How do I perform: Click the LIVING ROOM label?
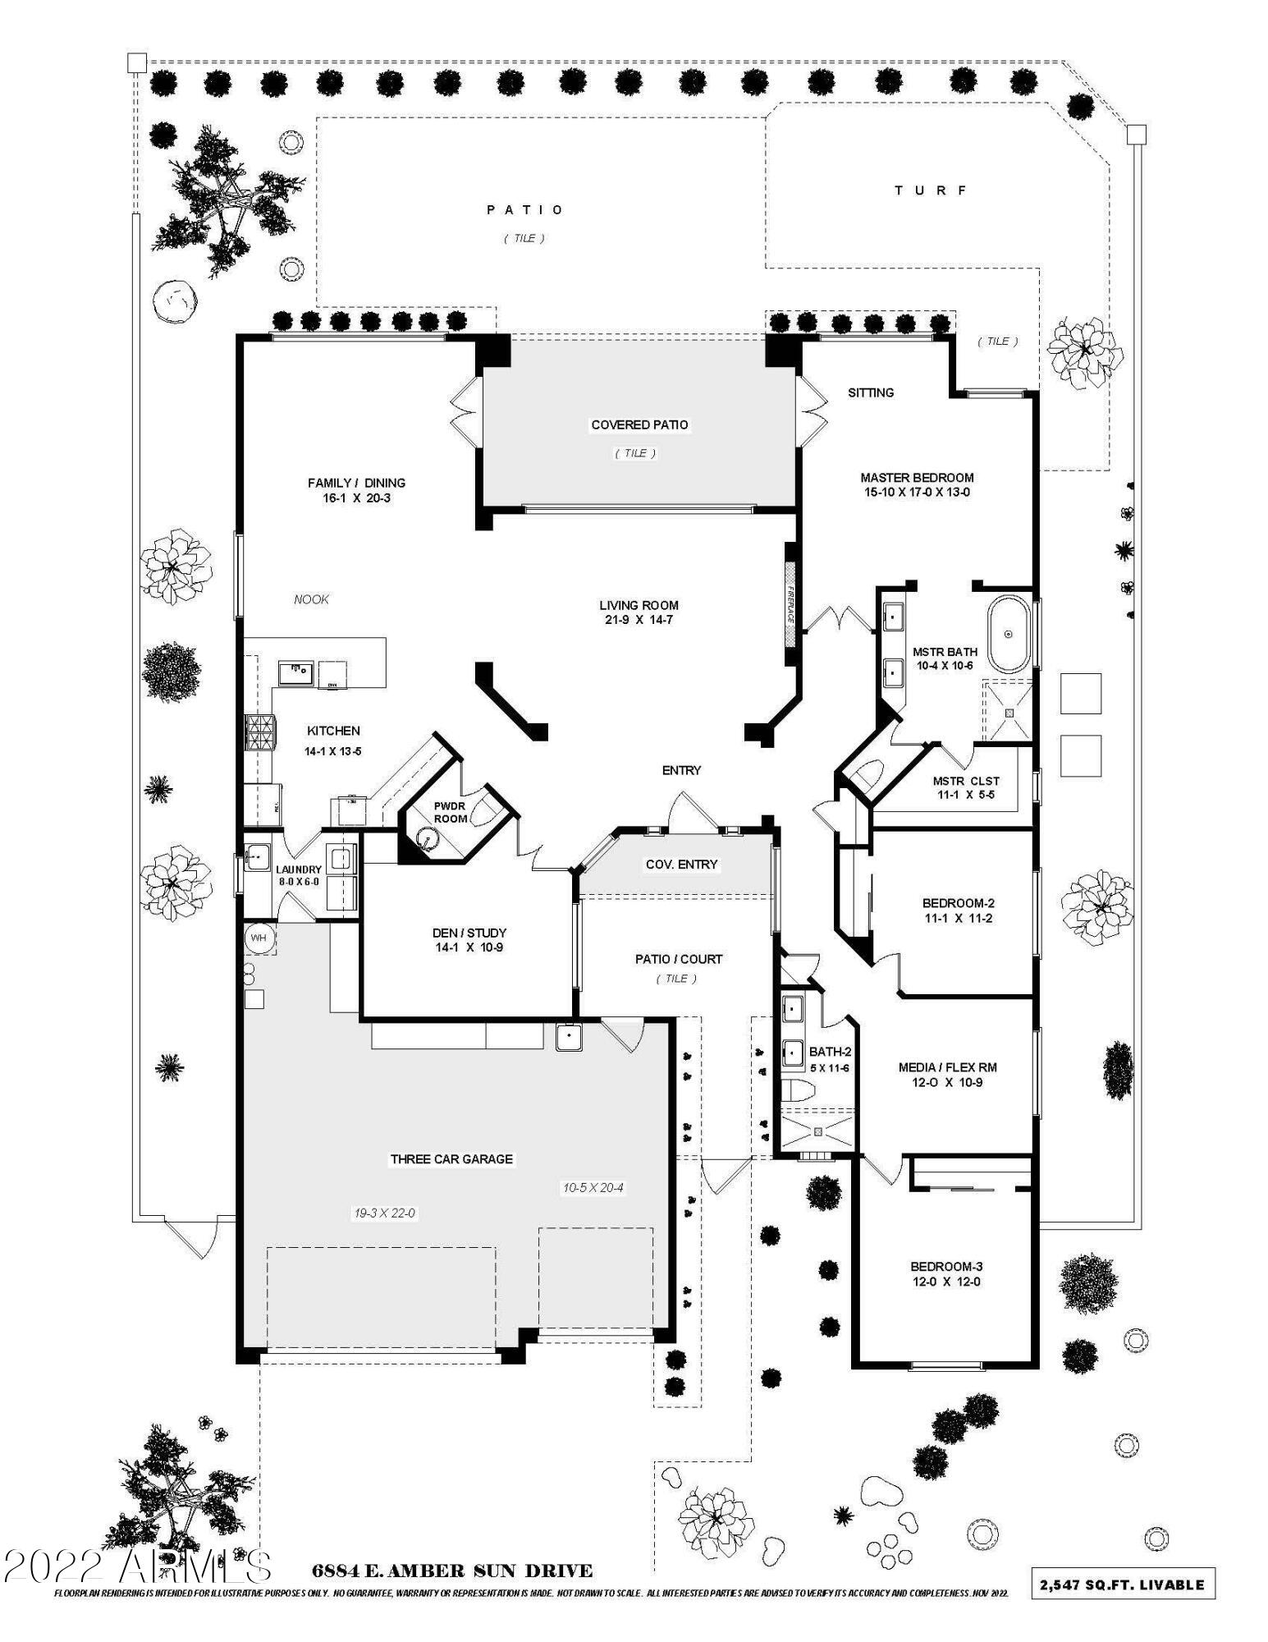tap(639, 605)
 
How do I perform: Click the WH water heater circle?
tap(259, 938)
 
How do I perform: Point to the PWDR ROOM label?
tap(450, 813)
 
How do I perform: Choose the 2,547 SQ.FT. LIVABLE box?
tap(1122, 1585)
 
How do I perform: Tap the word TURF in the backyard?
tap(932, 190)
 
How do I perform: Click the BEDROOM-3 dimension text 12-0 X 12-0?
tap(945, 1282)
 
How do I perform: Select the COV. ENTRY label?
tap(681, 864)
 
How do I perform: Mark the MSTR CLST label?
tap(965, 781)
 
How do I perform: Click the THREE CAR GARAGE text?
tap(451, 1159)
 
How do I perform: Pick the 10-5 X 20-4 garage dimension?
tap(593, 1187)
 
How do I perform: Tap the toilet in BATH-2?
tap(794, 1091)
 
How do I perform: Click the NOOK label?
tap(311, 599)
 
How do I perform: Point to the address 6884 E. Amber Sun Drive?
tap(451, 1571)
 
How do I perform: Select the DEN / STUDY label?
tap(469, 933)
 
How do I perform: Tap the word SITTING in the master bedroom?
tap(870, 392)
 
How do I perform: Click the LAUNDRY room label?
tap(298, 870)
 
